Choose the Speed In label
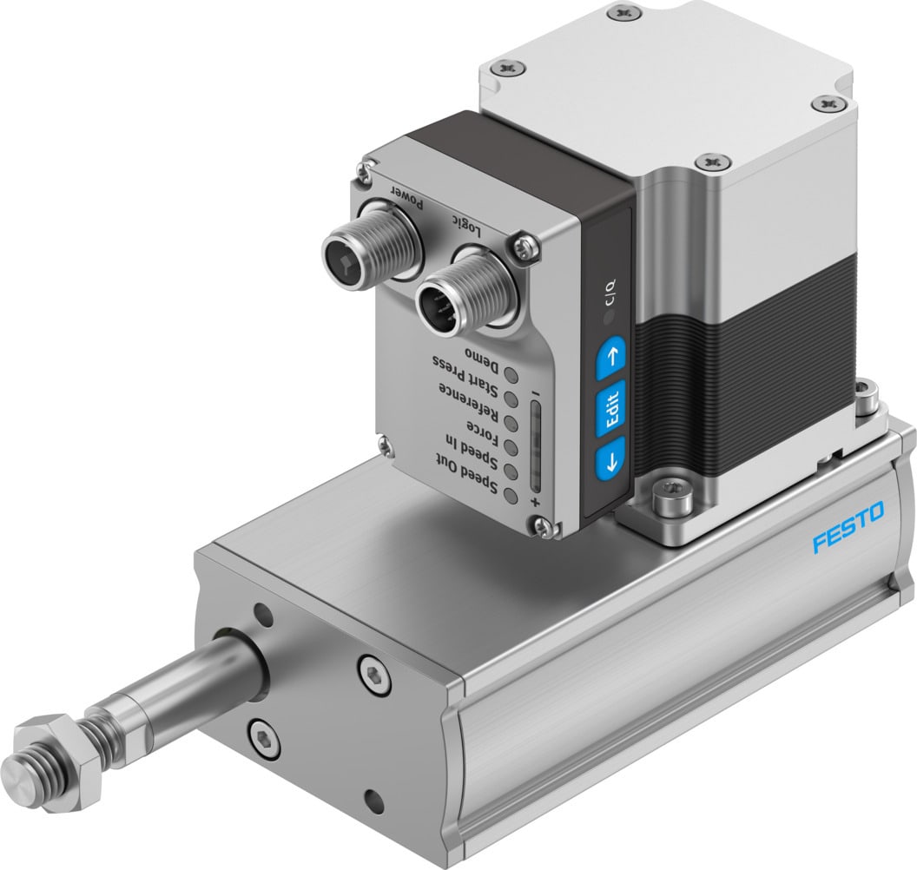point(473,450)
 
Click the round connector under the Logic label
point(447,301)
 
